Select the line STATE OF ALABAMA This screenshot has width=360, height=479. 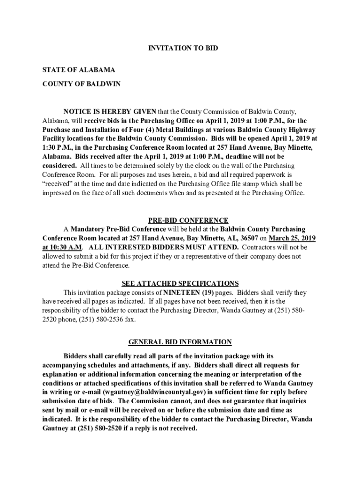click(79, 70)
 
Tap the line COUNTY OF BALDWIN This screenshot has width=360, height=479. click(81, 84)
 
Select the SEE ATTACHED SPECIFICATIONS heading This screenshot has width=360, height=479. click(180, 283)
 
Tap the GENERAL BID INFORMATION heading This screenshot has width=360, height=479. click(180, 342)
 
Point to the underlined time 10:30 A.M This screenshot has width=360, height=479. click(62, 247)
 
